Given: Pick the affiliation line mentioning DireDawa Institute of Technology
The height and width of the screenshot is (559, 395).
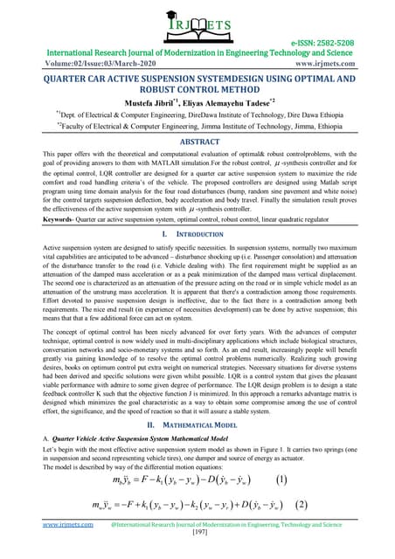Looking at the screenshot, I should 197,113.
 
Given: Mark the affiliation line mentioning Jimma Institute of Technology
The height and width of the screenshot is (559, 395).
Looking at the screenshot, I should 197,125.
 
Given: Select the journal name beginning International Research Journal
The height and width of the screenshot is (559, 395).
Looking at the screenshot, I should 197,52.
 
